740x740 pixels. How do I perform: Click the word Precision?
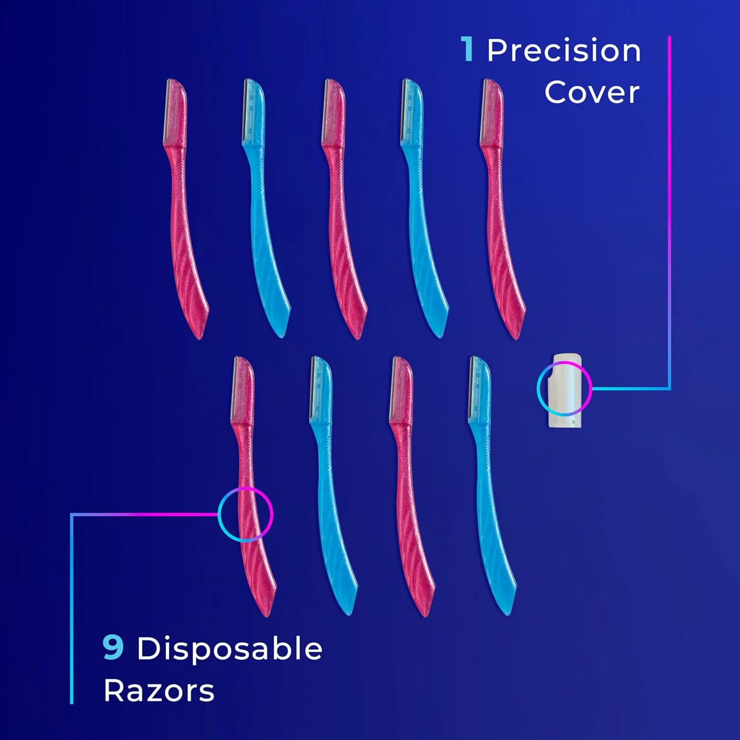(564, 51)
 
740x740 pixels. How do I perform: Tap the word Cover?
(592, 93)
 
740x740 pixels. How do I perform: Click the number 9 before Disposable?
(113, 647)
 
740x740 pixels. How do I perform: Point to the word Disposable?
(229, 648)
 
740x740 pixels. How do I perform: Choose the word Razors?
(159, 691)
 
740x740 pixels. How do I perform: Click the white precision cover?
(566, 390)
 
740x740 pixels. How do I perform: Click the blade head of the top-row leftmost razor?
(175, 112)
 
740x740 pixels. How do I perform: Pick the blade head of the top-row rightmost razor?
(492, 112)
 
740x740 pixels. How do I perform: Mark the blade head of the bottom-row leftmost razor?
(243, 390)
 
